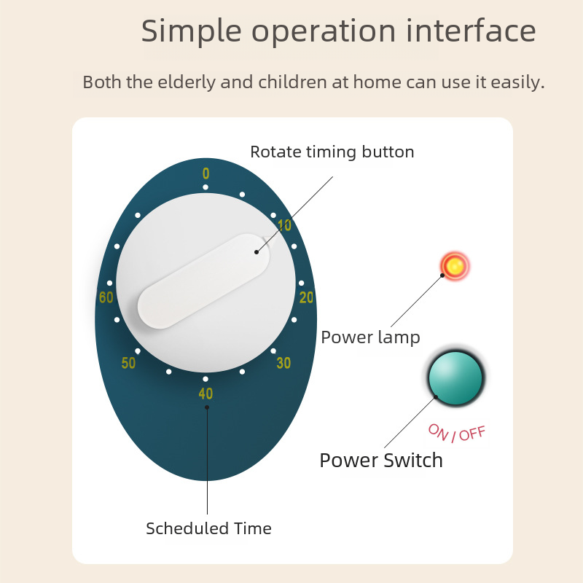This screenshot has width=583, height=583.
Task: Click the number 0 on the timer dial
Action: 206,173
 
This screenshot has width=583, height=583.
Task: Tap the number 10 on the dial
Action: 284,225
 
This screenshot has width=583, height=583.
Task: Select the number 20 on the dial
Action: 306,297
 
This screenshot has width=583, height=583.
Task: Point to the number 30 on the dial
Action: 283,363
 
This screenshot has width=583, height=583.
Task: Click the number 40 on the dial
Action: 206,394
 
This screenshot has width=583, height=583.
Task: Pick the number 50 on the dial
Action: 128,363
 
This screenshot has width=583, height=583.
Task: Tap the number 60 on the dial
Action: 106,297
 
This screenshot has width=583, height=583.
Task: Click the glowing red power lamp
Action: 455,266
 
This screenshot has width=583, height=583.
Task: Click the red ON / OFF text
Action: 457,433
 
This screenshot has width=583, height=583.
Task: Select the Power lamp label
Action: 370,337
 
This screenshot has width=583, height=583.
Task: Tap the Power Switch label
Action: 381,461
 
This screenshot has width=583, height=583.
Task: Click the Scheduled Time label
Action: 208,528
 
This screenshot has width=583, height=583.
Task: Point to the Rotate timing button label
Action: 332,152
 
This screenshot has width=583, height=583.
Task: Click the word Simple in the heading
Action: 192,31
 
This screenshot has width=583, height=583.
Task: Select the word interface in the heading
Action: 471,30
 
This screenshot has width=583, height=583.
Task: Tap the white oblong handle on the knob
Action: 204,281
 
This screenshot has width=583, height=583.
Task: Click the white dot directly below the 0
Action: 206,187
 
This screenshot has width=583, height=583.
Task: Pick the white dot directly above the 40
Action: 206,379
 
